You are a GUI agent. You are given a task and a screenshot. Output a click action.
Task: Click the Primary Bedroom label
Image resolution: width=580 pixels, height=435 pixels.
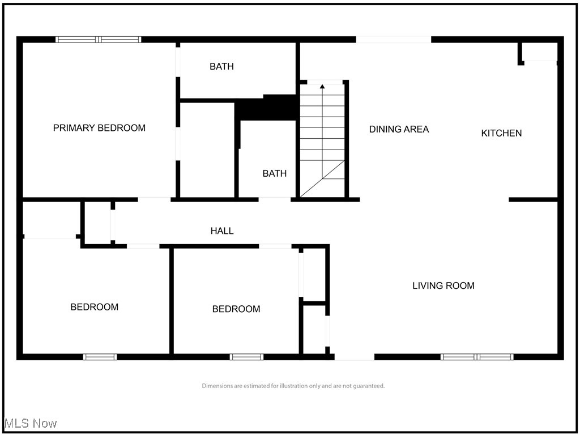tap(99, 128)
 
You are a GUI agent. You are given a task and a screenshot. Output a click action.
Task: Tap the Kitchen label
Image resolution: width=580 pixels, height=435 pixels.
tap(501, 133)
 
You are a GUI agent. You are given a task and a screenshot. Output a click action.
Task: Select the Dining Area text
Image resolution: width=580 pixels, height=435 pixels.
tap(399, 129)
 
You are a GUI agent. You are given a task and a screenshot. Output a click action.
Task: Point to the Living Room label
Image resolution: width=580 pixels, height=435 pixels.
tap(443, 285)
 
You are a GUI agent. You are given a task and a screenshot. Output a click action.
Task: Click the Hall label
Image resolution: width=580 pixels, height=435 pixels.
tap(222, 231)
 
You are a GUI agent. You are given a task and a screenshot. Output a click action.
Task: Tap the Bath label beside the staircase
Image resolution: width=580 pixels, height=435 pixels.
tap(274, 173)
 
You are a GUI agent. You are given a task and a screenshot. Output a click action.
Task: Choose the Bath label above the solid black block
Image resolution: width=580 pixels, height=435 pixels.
tap(221, 66)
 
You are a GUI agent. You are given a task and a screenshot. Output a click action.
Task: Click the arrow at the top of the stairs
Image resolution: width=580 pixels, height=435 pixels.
tap(322, 87)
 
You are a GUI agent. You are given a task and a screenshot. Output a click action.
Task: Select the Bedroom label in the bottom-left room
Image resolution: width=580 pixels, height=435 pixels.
tap(94, 307)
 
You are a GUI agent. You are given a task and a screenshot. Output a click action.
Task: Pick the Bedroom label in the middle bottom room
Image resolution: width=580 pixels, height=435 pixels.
tap(236, 309)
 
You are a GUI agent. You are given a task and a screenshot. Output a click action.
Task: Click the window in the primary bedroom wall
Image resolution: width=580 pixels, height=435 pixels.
tap(99, 40)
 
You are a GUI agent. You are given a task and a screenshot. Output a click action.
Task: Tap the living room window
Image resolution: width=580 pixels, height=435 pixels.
tap(477, 357)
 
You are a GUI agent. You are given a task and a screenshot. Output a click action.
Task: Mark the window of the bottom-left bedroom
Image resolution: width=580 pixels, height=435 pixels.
tap(100, 357)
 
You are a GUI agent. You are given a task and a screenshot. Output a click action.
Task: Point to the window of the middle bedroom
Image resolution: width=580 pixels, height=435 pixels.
tap(246, 357)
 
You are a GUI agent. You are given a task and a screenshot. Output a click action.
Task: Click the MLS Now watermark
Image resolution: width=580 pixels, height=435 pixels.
tap(30, 423)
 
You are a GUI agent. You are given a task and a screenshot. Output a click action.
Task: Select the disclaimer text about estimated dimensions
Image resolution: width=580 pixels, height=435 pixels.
tap(293, 386)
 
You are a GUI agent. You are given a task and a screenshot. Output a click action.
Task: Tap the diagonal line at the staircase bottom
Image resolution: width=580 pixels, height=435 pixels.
tap(322, 178)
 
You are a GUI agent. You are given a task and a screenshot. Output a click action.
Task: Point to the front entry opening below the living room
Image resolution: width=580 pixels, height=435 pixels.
tap(354, 357)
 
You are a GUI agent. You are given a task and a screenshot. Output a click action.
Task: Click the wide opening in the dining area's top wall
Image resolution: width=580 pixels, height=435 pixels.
tap(393, 40)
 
